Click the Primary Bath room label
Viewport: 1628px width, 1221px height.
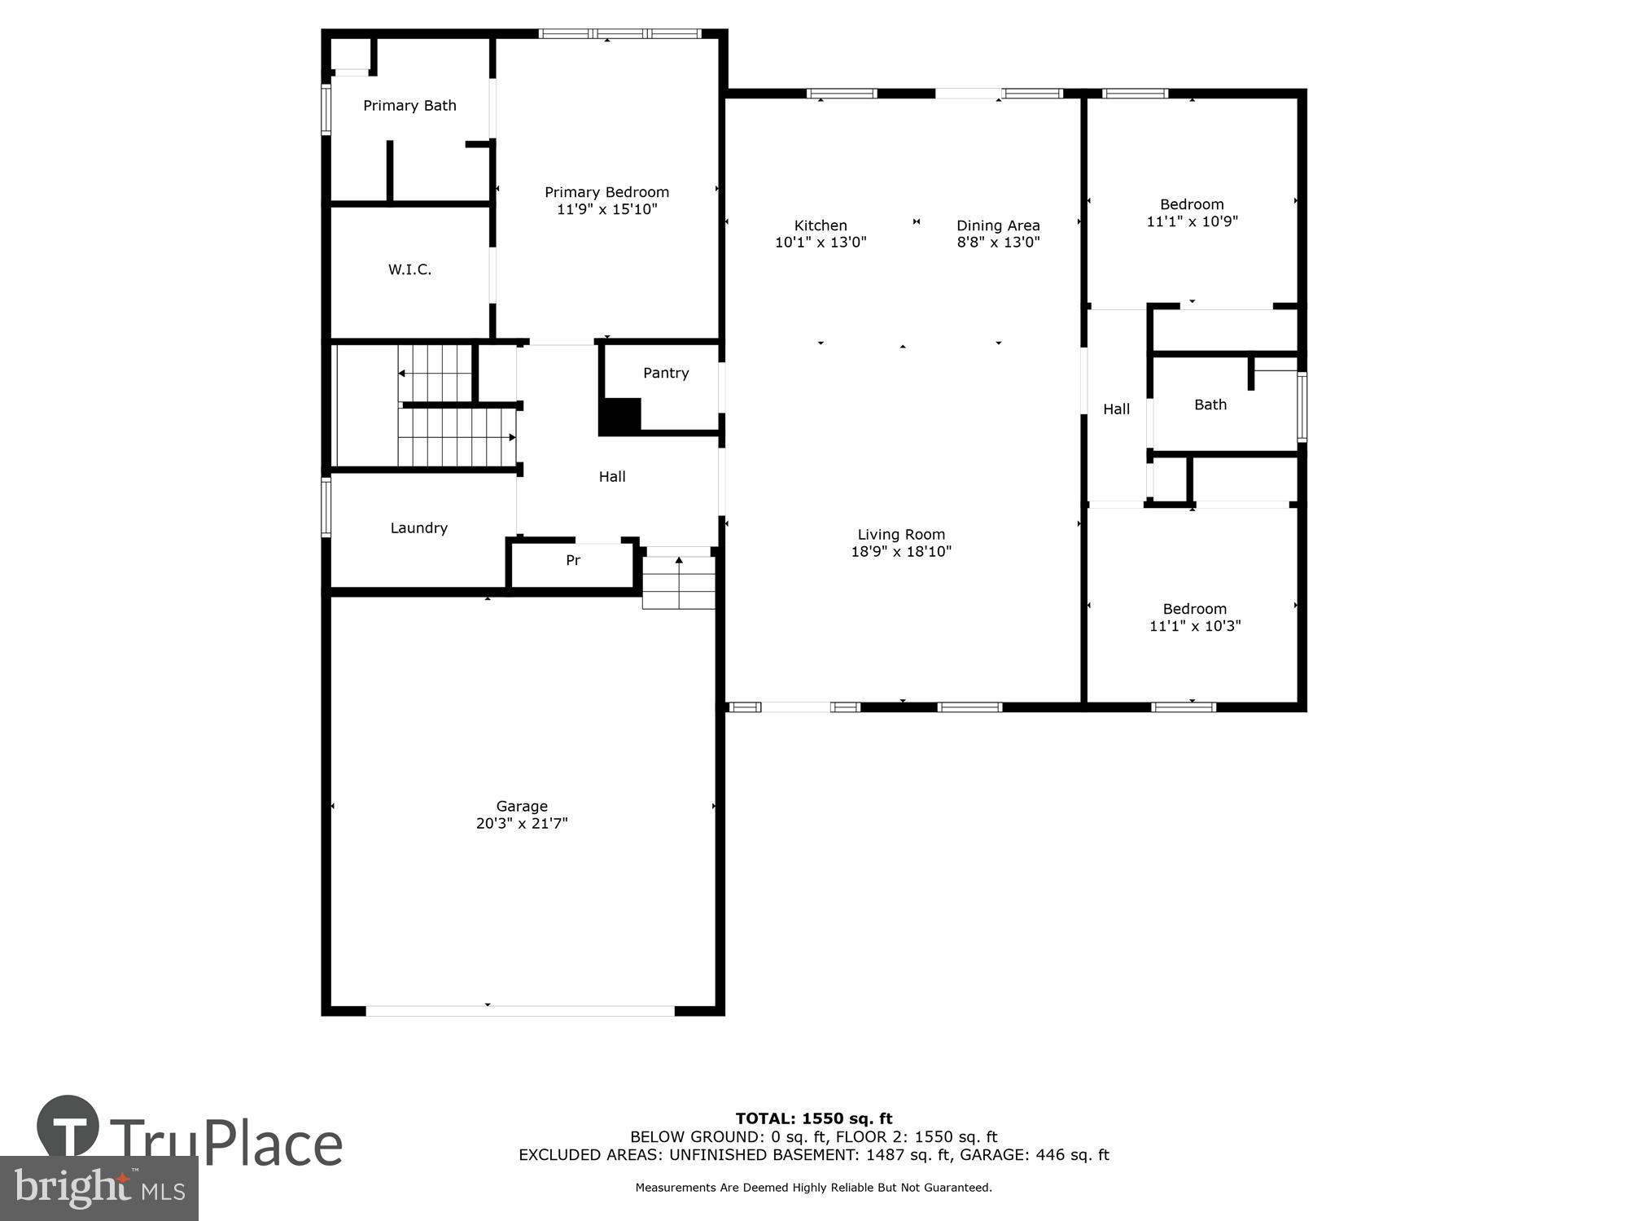pos(409,106)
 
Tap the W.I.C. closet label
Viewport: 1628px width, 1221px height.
pos(409,269)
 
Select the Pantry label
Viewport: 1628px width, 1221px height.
pos(666,373)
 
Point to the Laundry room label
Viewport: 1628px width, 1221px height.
pos(418,528)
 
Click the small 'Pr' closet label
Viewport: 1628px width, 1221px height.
pos(573,561)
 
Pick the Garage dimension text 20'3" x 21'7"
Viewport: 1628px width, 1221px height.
pos(522,824)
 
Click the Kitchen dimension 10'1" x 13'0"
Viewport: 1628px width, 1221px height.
pos(821,243)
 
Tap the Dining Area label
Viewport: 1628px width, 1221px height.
pos(998,225)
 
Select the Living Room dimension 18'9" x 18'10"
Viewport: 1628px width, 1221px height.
pos(901,552)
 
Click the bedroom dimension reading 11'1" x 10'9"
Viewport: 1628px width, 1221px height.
pos(1192,221)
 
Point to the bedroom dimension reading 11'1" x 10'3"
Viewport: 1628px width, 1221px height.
pos(1194,626)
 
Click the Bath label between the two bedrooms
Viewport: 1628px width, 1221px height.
pos(1210,405)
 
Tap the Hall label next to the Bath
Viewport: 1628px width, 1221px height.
pos(1116,409)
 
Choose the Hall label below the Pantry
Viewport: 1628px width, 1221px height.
pos(612,477)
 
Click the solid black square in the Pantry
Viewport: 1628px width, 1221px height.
pos(620,416)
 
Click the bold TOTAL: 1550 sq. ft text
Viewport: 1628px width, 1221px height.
pos(813,1118)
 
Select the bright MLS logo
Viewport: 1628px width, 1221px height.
pos(99,1189)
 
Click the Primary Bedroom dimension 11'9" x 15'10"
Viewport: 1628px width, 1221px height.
pos(606,209)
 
